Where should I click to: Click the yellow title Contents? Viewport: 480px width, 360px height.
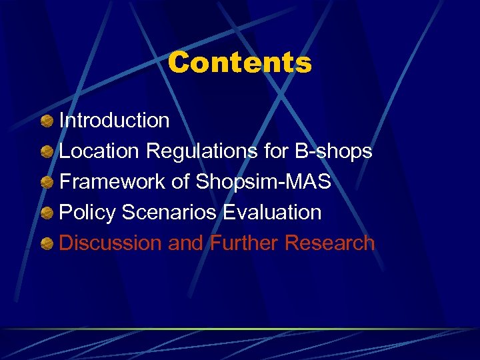[239, 63]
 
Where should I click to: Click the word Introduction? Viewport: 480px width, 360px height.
[114, 121]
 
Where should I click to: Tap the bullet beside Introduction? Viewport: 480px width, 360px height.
[47, 121]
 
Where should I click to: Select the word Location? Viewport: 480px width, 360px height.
[100, 151]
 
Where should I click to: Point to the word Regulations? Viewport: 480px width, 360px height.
[202, 152]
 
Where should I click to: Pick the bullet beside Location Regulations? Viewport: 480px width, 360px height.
[47, 152]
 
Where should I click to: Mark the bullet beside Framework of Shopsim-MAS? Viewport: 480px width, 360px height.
[47, 183]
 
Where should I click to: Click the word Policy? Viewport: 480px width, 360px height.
[87, 213]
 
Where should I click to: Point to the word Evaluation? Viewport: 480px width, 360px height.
[272, 213]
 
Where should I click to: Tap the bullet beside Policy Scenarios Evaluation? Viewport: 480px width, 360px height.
[47, 213]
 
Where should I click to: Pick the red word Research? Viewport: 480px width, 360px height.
[330, 243]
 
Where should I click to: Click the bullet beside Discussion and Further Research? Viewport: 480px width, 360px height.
[47, 244]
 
